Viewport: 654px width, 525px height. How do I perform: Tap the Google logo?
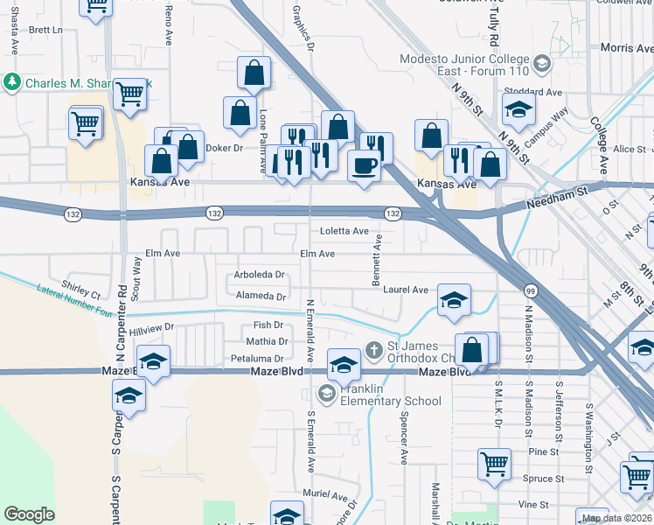coord(29,514)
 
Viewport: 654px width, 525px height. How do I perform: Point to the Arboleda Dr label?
coord(260,275)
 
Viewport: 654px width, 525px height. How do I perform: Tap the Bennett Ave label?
coord(378,257)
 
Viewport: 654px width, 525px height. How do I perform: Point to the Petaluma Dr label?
coord(257,359)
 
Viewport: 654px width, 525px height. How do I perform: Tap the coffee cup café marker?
coord(364,165)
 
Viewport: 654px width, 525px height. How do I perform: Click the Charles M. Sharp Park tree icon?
coord(12,83)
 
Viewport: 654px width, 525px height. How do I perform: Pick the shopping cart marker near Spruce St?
coord(494,463)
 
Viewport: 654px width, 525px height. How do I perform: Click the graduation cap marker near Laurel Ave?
coord(453,300)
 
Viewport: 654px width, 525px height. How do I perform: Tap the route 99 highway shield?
coord(531,290)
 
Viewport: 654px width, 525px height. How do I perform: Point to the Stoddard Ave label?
coord(532,92)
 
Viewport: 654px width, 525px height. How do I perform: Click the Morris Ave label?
coord(627,48)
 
